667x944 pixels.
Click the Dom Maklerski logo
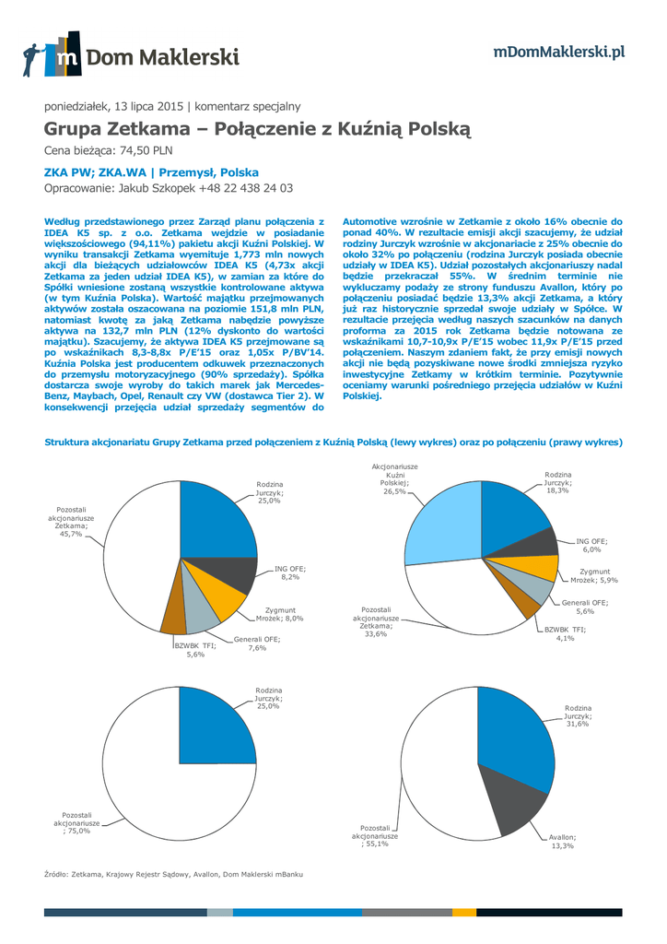(131, 57)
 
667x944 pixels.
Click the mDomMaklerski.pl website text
(559, 52)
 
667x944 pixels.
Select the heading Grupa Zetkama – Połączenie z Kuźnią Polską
(257, 128)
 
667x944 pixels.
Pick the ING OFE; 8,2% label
(289, 572)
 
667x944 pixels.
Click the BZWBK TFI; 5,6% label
(195, 650)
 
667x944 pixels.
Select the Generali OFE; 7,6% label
(256, 643)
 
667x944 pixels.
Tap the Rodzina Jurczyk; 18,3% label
(557, 481)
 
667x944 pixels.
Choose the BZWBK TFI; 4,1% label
(558, 632)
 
